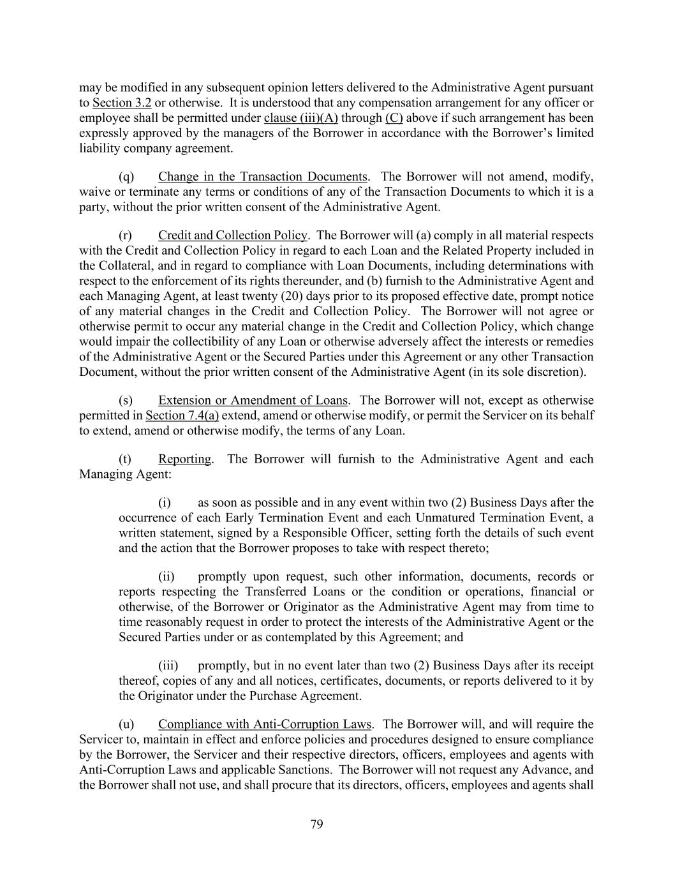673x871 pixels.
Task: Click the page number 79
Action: [317, 824]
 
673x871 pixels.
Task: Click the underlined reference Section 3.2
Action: [122, 103]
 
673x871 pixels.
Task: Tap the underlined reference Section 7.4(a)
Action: [182, 416]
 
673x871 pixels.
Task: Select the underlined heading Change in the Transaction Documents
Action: [263, 177]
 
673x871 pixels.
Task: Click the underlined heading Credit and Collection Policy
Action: [233, 235]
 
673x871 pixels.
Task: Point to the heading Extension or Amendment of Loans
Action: [253, 401]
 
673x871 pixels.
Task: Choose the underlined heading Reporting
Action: [184, 459]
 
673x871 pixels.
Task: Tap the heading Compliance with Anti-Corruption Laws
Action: [264, 724]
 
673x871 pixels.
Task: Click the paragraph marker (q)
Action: [126, 177]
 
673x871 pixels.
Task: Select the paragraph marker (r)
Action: [126, 235]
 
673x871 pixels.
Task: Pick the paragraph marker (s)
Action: [126, 401]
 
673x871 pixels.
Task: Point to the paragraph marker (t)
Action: [125, 459]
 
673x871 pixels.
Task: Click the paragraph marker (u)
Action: [126, 724]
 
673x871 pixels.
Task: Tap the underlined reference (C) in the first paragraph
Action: [394, 118]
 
